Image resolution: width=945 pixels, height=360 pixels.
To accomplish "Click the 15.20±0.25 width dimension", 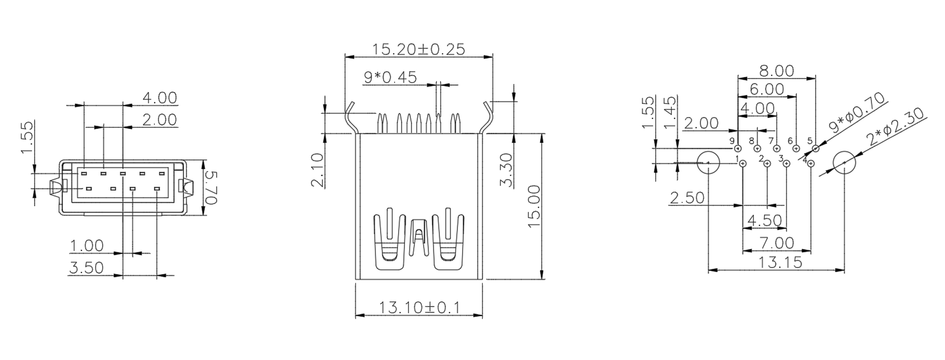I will point(418,49).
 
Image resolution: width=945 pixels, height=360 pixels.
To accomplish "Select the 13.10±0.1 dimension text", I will point(419,308).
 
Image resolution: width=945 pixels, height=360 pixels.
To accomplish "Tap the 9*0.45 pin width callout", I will point(390,77).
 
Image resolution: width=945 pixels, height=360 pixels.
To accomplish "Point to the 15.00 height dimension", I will point(534,207).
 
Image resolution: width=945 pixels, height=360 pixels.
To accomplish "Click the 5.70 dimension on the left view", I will point(211,188).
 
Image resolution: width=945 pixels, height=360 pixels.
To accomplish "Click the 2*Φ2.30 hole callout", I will point(895,126).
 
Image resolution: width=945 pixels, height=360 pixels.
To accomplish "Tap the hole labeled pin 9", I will point(738,148).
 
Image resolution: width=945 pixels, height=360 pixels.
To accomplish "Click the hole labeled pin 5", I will point(815,148).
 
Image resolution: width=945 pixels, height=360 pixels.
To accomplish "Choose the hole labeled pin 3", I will point(787,164).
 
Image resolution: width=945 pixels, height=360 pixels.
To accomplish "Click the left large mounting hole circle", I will point(708,162).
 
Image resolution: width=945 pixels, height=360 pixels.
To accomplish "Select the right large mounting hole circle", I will point(844,162).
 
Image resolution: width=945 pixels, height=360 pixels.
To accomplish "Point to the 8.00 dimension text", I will point(776,71).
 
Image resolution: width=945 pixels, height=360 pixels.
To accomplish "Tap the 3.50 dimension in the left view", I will point(86,268).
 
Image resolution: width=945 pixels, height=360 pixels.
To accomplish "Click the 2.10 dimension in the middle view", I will point(317,170).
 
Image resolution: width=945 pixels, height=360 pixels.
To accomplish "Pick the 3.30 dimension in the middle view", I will point(506,170).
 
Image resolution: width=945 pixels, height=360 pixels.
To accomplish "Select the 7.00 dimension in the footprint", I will point(777,243).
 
